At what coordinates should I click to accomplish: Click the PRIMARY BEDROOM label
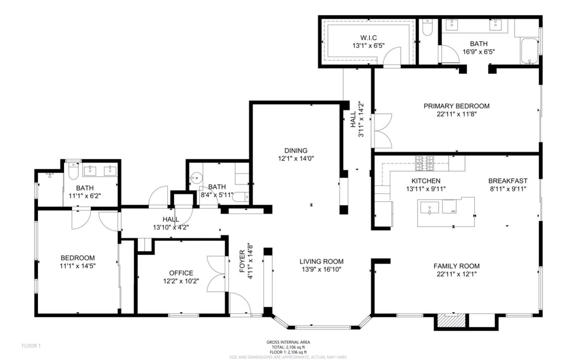pos(456,106)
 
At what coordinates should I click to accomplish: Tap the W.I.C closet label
pos(368,38)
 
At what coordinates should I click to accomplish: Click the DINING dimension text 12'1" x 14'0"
pos(296,158)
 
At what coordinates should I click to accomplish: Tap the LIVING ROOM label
pos(321,261)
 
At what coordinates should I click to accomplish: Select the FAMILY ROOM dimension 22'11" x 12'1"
pos(456,274)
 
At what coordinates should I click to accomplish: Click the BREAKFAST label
pos(508,181)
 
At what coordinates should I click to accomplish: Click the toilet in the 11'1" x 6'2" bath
pos(73,172)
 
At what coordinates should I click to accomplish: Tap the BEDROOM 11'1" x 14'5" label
pos(78,258)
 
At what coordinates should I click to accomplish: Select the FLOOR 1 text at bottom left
pos(31,346)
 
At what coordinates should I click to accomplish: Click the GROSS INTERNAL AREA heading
pos(288,342)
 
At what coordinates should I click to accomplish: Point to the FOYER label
pos(242,261)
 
